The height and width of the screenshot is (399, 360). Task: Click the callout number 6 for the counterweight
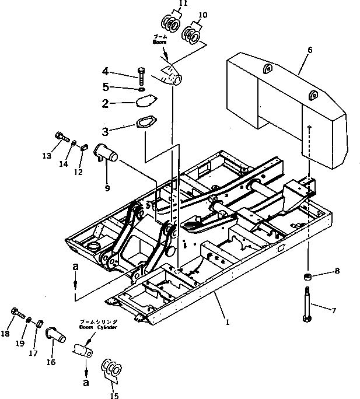click(x=309, y=50)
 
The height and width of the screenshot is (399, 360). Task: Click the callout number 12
click(x=78, y=172)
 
